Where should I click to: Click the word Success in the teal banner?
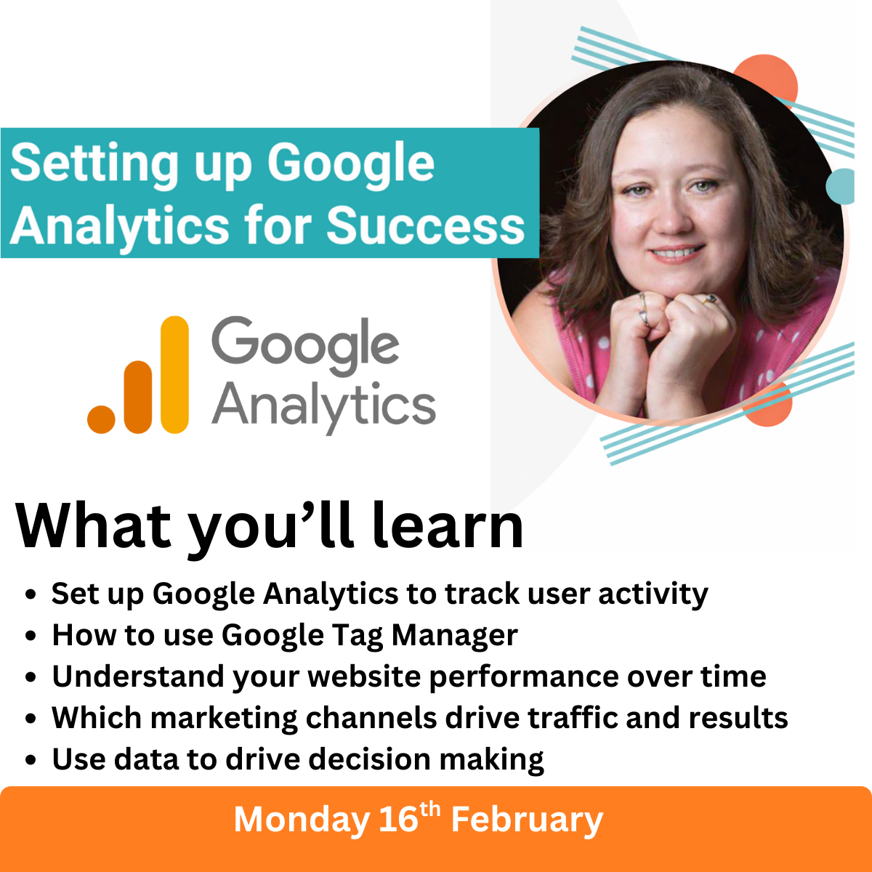click(x=425, y=225)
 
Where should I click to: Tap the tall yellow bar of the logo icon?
click(x=174, y=375)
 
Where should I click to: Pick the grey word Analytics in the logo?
click(x=323, y=405)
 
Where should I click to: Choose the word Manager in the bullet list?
click(x=454, y=636)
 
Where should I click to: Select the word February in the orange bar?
click(x=527, y=820)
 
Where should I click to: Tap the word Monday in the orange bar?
click(x=302, y=820)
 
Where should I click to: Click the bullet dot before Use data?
click(x=31, y=760)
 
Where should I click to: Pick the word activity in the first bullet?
click(x=653, y=594)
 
